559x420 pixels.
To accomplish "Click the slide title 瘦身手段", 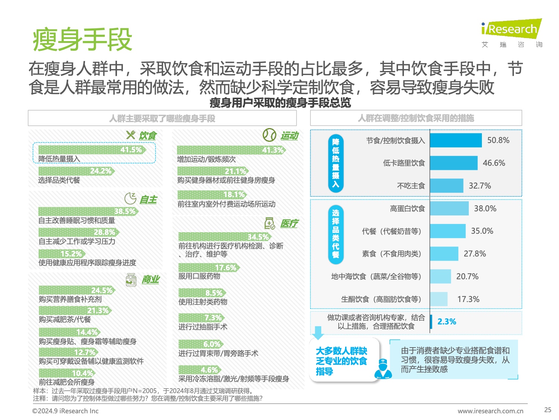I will coord(82,40).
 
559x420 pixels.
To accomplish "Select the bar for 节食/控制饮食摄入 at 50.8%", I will coord(455,140).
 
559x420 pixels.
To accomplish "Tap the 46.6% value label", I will coord(494,163).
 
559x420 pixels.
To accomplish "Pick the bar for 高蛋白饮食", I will coord(449,208).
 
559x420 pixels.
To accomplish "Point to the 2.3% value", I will coord(446,322).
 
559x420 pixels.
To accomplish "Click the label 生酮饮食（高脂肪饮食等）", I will coord(381,299).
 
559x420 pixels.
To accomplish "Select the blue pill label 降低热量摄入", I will coord(336,163).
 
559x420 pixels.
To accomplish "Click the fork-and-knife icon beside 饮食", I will coord(130,135).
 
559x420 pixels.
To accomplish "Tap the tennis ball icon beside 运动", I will coord(269,135).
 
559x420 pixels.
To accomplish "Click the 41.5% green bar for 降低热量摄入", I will coord(92,150).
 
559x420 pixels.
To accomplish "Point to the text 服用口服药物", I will coord(199,276).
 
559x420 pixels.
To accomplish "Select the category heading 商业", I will coord(151,280).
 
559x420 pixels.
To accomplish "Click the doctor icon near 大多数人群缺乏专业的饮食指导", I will coord(383,369).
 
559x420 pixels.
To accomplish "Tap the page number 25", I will coord(547,410).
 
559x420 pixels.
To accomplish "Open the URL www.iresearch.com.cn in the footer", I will coord(490,411).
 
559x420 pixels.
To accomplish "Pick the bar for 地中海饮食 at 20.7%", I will coord(440,277).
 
